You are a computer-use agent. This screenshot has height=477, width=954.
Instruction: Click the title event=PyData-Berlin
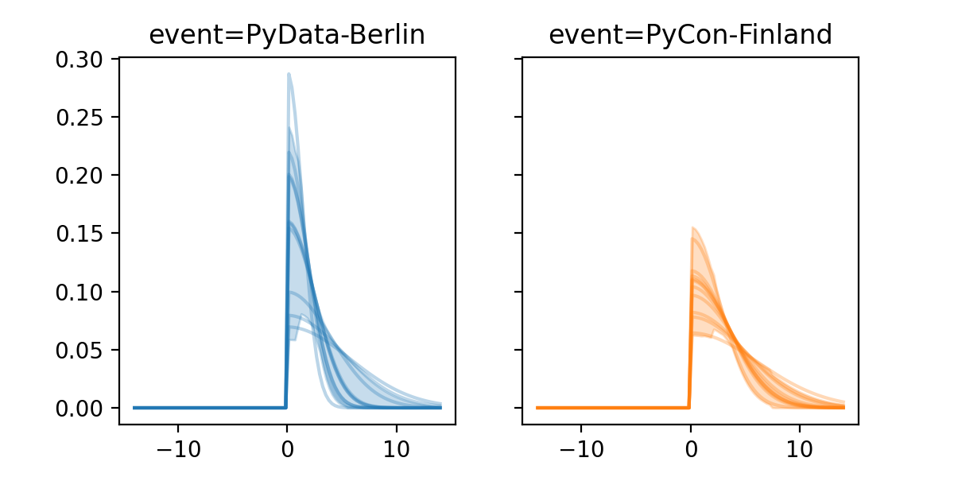click(287, 35)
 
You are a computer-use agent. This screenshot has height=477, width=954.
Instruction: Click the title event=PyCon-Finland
click(690, 35)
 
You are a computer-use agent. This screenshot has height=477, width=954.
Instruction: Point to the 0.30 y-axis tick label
click(82, 60)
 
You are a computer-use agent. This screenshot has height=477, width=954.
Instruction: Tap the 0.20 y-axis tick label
click(82, 176)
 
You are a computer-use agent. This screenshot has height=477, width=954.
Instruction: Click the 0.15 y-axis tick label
click(82, 234)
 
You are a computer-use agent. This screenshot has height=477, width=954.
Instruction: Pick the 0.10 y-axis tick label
click(82, 292)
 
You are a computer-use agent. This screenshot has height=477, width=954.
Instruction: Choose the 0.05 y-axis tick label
click(82, 350)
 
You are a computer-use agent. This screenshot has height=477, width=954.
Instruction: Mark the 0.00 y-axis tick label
click(82, 408)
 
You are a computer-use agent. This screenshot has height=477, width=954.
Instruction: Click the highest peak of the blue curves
click(289, 74)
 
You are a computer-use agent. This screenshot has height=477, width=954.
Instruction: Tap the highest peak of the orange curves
click(693, 227)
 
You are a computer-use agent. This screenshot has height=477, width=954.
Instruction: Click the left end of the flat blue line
click(134, 408)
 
